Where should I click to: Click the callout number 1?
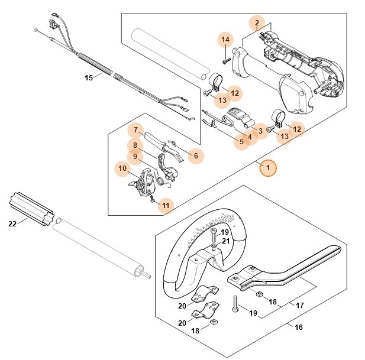tap(267, 168)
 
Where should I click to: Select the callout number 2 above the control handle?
tap(257, 24)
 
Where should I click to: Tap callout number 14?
tap(225, 40)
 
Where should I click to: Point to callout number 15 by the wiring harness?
tap(89, 77)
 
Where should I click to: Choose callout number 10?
tap(122, 169)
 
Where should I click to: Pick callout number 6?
tap(196, 156)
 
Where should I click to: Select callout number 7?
tap(135, 130)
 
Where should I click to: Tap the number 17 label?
tap(300, 305)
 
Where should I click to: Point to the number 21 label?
tap(225, 241)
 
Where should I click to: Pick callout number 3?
tap(258, 130)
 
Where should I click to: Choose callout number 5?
tap(241, 142)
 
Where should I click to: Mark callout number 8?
tap(135, 144)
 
